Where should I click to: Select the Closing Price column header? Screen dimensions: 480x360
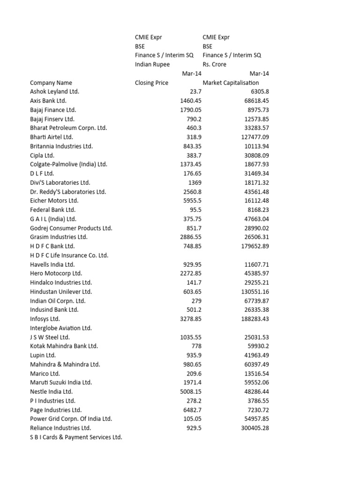pyautogui.click(x=151, y=82)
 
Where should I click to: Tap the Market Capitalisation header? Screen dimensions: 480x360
pyautogui.click(x=231, y=82)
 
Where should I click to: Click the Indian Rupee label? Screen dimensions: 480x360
pyautogui.click(x=152, y=64)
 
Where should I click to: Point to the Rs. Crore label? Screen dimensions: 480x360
pyautogui.click(x=214, y=64)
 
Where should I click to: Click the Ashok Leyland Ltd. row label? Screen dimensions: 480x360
pyautogui.click(x=54, y=91)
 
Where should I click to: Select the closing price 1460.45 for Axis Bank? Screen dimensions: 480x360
pyautogui.click(x=190, y=101)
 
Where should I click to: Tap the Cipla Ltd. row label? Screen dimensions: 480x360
pyautogui.click(x=42, y=155)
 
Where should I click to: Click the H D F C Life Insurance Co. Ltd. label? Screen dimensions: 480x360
pyautogui.click(x=69, y=255)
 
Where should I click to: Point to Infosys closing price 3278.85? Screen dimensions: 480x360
pyautogui.click(x=190, y=319)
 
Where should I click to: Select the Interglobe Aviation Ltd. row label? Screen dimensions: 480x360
pyautogui.click(x=61, y=328)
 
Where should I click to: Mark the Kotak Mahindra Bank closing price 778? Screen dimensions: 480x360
pyautogui.click(x=195, y=346)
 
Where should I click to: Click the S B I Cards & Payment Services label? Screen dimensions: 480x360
pyautogui.click(x=76, y=437)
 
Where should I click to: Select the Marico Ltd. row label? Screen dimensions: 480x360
pyautogui.click(x=45, y=374)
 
